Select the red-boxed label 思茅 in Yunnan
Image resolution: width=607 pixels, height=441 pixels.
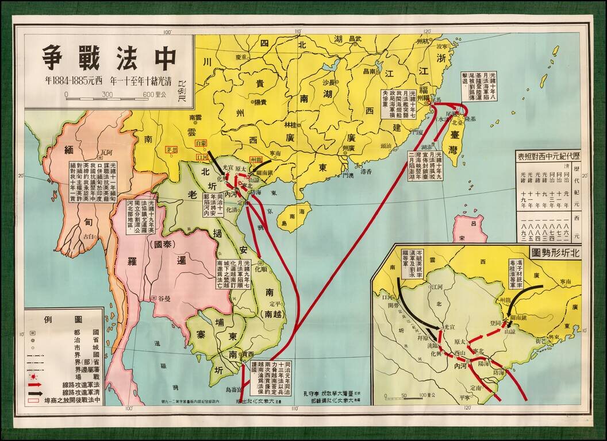pyautogui.click(x=170, y=150)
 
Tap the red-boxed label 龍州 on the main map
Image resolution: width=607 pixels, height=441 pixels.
pyautogui.click(x=256, y=159)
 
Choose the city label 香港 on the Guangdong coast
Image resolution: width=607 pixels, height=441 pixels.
pyautogui.click(x=366, y=172)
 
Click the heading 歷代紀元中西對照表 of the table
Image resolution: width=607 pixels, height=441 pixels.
pyautogui.click(x=548, y=156)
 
